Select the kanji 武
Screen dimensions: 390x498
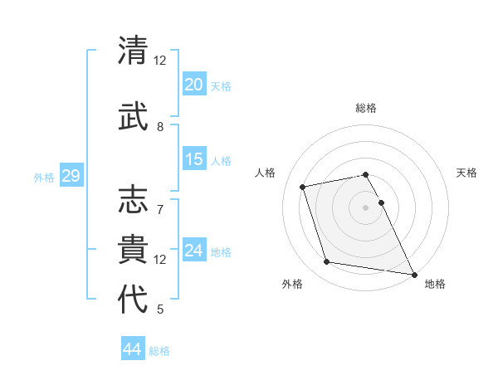(134, 114)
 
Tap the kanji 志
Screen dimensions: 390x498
(134, 199)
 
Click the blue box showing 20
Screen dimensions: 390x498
(193, 85)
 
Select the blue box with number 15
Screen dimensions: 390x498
(193, 159)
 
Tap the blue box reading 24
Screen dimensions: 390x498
(193, 251)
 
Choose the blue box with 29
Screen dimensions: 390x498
(71, 176)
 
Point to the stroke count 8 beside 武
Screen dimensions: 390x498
(160, 127)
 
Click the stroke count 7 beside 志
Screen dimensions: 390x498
(160, 201)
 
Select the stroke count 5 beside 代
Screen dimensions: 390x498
(160, 310)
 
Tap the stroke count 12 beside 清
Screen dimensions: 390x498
(160, 60)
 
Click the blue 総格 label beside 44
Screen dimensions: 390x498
(159, 351)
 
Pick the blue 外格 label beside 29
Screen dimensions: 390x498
(44, 177)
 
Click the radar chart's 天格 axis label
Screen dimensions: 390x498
(466, 173)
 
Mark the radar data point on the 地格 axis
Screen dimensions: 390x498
(413, 274)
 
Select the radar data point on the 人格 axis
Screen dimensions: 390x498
(303, 186)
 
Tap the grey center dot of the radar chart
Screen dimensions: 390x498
(365, 207)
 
